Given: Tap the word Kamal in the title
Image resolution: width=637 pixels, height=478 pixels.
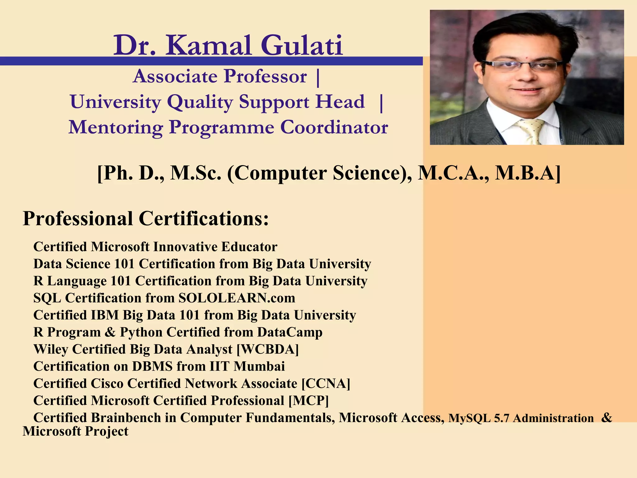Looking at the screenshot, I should (208, 46).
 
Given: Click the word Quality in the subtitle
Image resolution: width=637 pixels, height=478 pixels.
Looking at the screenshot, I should (200, 102).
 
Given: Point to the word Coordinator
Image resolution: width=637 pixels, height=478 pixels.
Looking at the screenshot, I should (334, 127).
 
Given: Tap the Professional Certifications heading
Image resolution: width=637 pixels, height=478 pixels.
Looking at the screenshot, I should (146, 218).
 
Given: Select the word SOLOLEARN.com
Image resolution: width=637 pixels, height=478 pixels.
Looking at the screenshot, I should (237, 298).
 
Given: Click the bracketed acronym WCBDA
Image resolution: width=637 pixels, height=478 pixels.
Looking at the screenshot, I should (267, 349).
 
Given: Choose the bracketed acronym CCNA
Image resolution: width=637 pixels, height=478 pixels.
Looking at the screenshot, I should (326, 383).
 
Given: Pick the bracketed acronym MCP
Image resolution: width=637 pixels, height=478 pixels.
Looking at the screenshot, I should (309, 401).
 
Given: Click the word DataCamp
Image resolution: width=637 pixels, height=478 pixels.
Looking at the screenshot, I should (290, 332).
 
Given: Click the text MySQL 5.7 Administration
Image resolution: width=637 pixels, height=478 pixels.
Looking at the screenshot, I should (521, 418).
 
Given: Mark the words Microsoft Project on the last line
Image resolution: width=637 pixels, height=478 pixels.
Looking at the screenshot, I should (76, 431).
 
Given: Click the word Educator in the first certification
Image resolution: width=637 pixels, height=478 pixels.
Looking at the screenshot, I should (249, 247).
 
